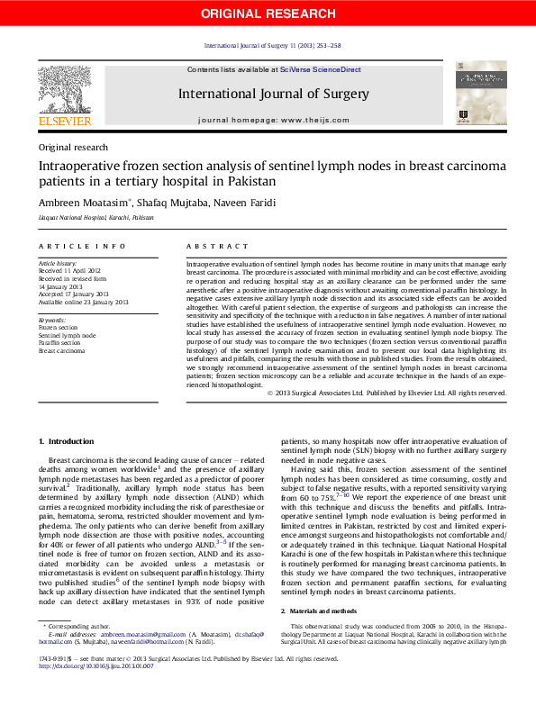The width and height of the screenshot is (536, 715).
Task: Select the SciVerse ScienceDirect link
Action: [x=320, y=69]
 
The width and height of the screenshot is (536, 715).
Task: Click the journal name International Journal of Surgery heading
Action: [x=273, y=94]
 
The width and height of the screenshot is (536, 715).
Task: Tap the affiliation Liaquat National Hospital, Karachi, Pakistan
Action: [x=95, y=218]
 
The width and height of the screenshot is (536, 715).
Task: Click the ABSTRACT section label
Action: [x=217, y=246]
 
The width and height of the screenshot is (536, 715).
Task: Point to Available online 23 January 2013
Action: [x=84, y=302]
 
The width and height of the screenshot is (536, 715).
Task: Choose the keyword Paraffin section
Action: [x=59, y=343]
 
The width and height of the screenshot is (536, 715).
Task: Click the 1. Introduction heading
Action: [x=67, y=440]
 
